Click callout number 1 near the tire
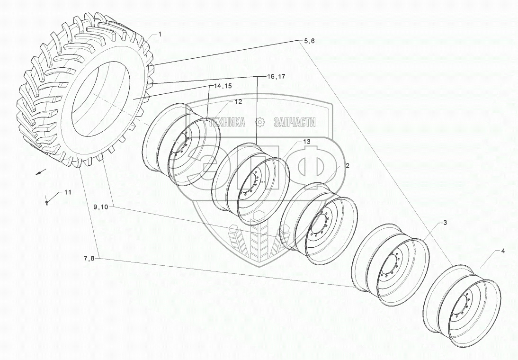point(160,35)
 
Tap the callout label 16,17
point(276,76)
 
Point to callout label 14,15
point(222,86)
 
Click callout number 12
point(238,102)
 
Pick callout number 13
point(306,142)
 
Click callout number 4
point(502,251)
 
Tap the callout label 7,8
point(89,258)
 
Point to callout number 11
point(67,192)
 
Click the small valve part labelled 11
point(47,202)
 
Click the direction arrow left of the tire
point(41,172)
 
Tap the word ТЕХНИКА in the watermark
point(227,123)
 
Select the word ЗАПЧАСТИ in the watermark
point(294,123)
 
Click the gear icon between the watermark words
point(260,123)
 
